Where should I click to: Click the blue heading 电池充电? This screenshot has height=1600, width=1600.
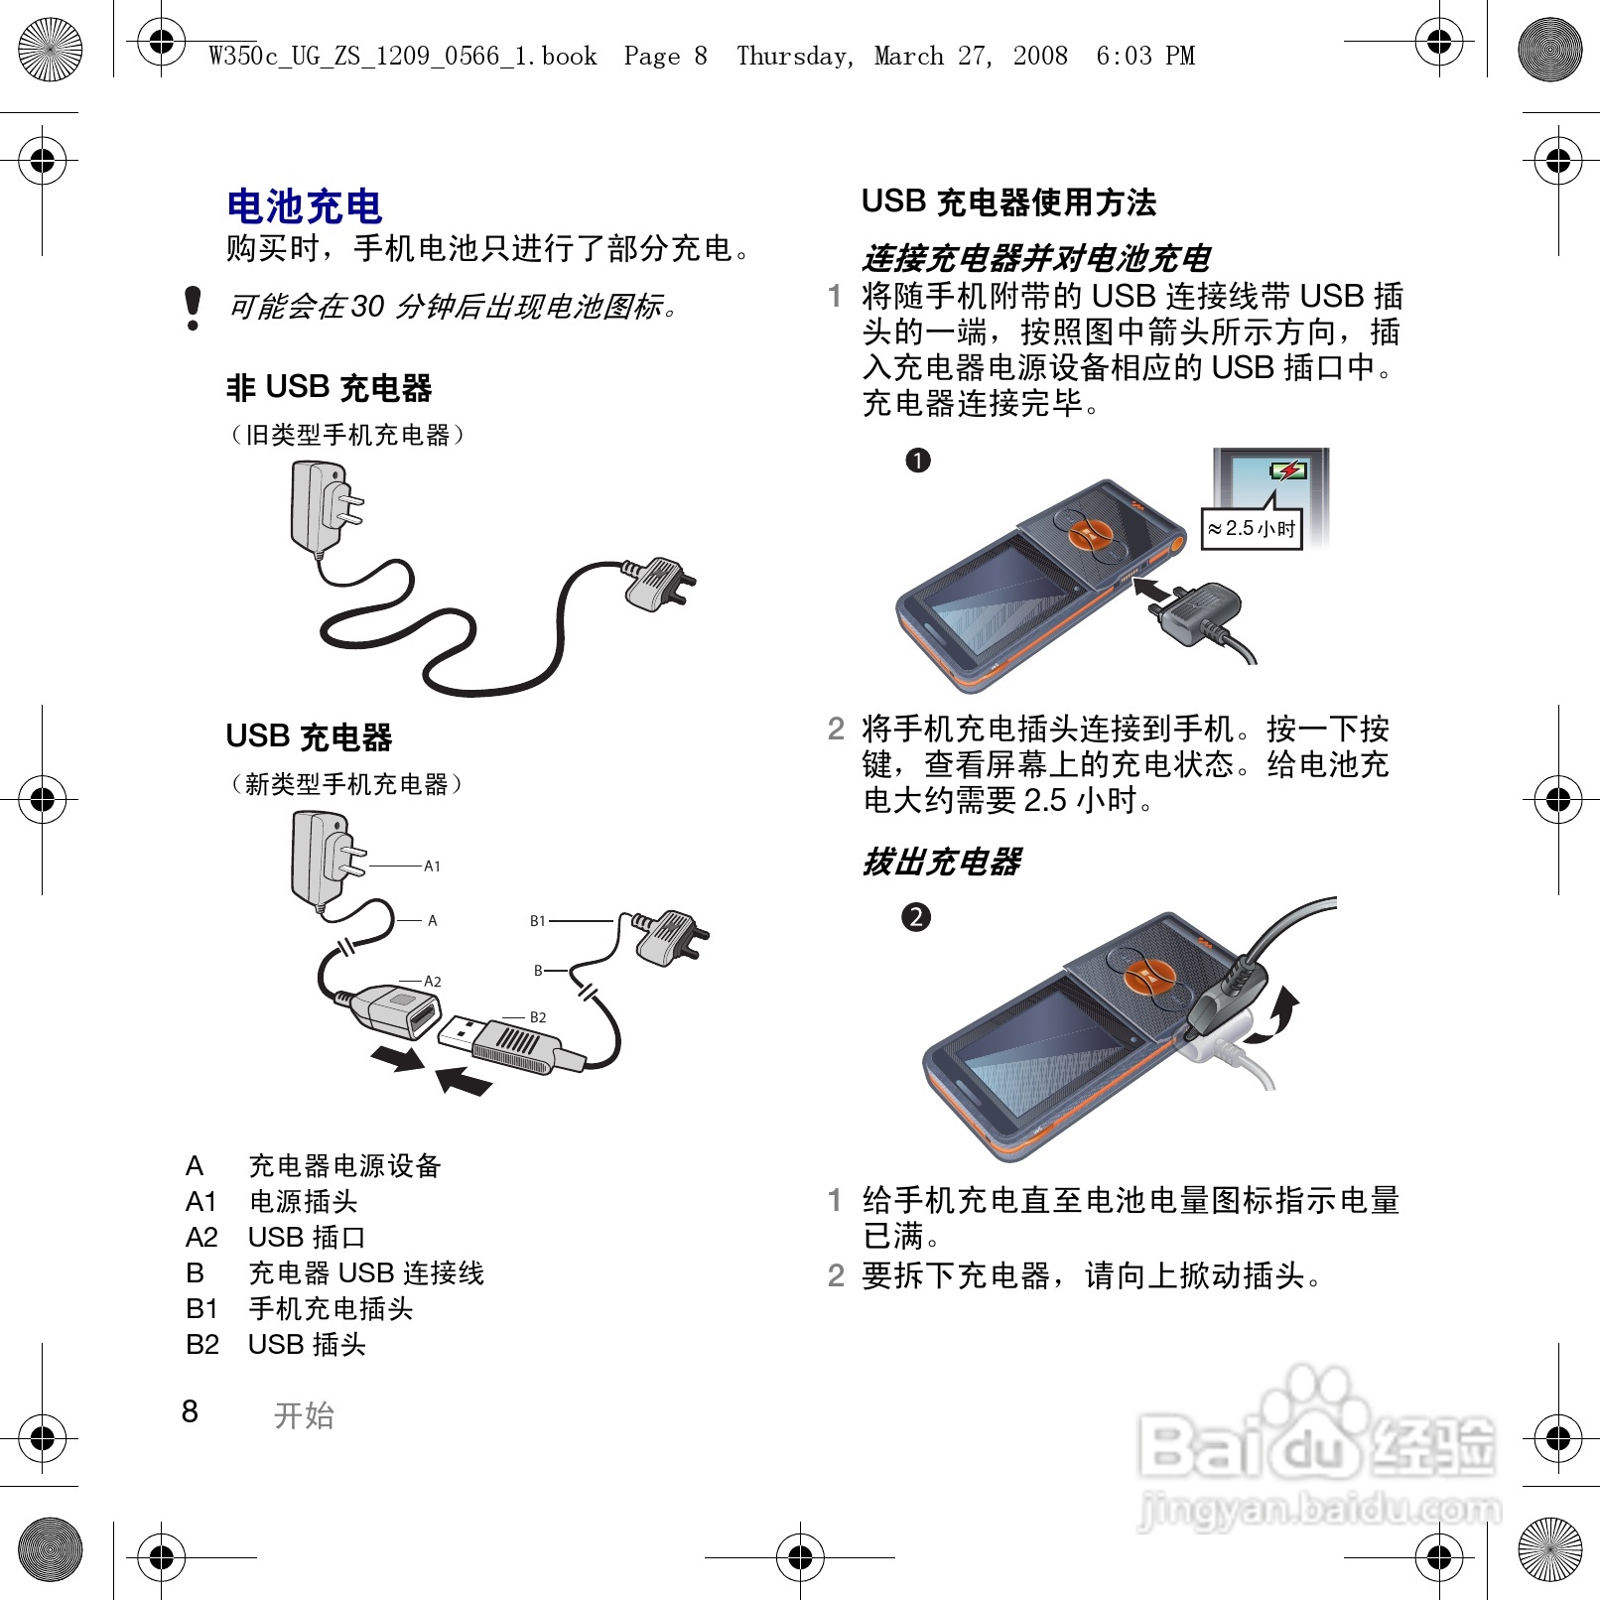(305, 206)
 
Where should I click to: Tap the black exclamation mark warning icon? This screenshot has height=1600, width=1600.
(194, 308)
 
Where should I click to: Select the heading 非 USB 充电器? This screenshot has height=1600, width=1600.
(330, 388)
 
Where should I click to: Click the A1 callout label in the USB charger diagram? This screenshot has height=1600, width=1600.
(432, 867)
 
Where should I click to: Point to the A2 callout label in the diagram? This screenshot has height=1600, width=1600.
(432, 982)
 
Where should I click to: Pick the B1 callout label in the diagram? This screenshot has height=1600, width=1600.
(538, 921)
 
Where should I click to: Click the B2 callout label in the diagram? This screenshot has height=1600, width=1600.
(538, 1017)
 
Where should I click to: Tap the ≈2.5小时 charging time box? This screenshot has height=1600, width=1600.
(1252, 529)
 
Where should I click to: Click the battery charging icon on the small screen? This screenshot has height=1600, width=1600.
(1288, 470)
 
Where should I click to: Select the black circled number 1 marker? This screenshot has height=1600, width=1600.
(918, 461)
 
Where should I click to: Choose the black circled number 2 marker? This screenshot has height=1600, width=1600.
(915, 917)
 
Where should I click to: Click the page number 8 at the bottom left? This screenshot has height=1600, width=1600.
(190, 1411)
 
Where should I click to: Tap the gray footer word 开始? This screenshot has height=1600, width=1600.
(305, 1415)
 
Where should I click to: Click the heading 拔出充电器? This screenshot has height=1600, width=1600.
(942, 862)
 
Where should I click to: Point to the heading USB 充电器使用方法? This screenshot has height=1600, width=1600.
(1008, 202)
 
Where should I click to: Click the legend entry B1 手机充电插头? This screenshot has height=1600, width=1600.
(299, 1309)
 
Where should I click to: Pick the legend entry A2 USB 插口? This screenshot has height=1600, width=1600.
(275, 1238)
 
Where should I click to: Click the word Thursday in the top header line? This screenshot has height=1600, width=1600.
(794, 56)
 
